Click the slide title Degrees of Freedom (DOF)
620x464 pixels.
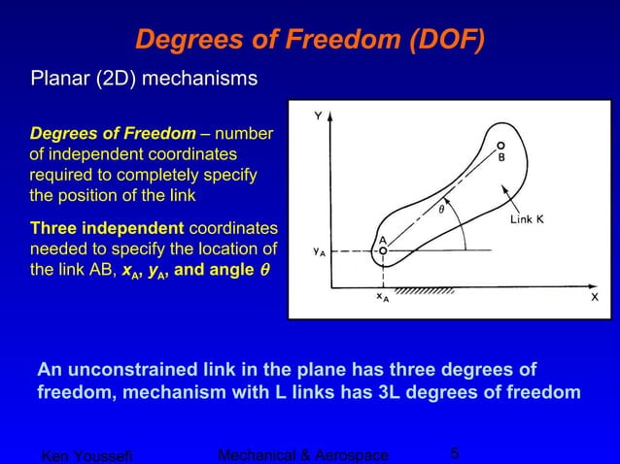pyautogui.click(x=310, y=39)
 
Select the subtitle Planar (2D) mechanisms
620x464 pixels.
pyautogui.click(x=145, y=77)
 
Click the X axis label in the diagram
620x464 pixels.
pyautogui.click(x=595, y=298)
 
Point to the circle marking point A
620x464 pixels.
pyautogui.click(x=383, y=250)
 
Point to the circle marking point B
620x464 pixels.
pyautogui.click(x=500, y=145)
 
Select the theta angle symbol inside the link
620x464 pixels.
pyautogui.click(x=439, y=207)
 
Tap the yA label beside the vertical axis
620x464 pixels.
pyautogui.click(x=319, y=251)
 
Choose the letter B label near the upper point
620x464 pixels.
pyautogui.click(x=501, y=157)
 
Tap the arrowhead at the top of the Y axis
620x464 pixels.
pyautogui.click(x=332, y=115)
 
